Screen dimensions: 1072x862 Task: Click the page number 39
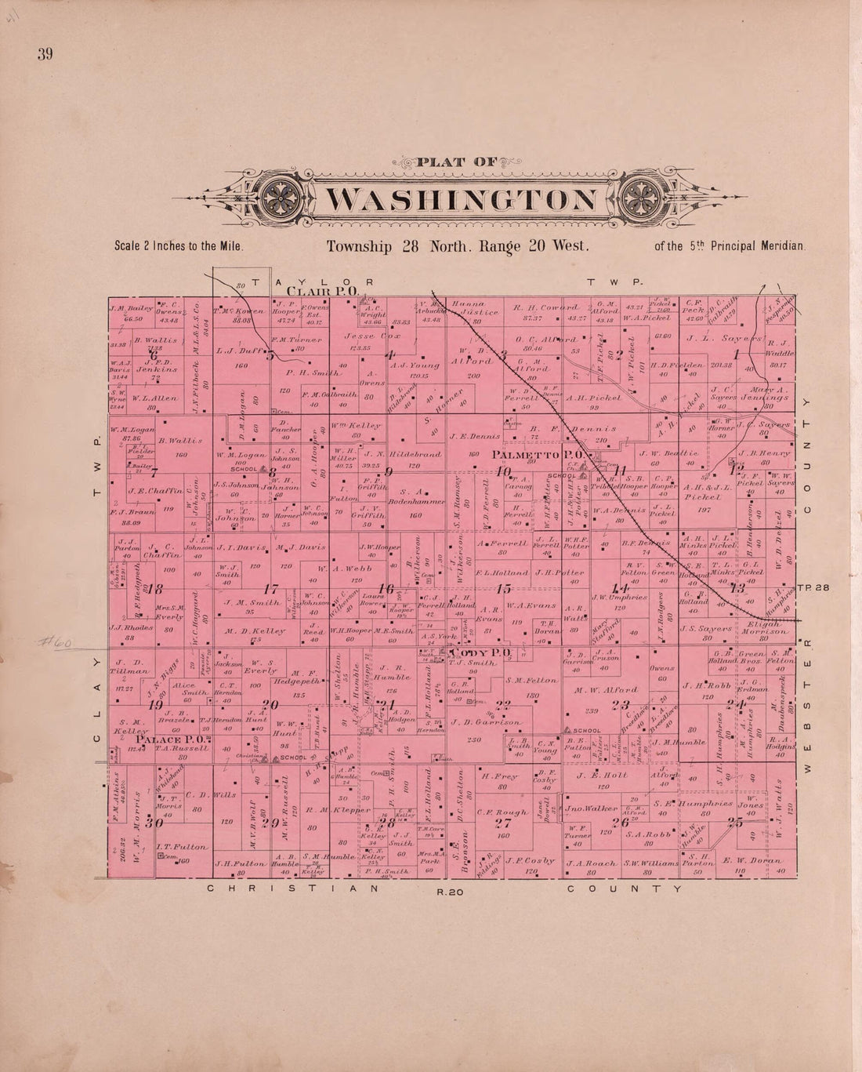tap(44, 54)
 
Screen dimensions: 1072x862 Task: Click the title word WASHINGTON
tap(460, 199)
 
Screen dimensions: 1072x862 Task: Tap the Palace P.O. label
tap(172, 739)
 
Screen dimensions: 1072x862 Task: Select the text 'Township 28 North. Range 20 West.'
tap(457, 245)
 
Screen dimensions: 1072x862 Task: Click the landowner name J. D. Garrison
tap(487, 722)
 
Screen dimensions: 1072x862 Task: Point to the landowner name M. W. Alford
tap(606, 690)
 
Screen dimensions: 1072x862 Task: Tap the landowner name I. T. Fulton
tap(181, 847)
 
